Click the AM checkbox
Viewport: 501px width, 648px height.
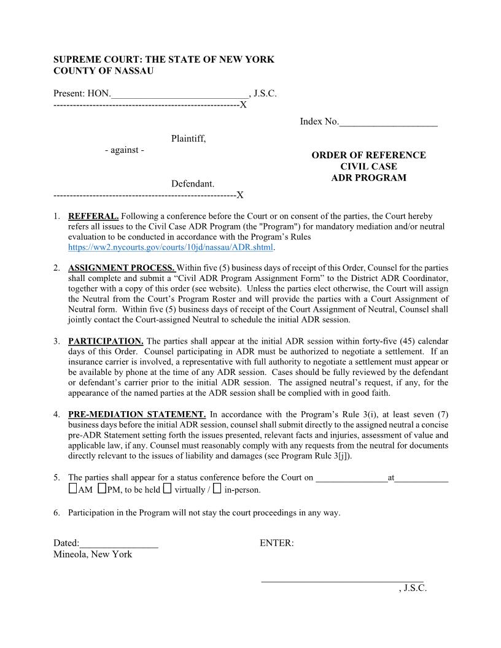click(x=73, y=489)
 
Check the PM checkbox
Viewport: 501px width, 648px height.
click(x=101, y=489)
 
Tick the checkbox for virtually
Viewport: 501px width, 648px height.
click(x=167, y=489)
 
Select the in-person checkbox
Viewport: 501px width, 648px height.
click(x=217, y=489)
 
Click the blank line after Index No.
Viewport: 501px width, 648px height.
click(x=388, y=122)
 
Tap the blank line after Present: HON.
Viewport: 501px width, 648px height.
click(x=180, y=94)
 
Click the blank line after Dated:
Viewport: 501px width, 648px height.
click(x=118, y=544)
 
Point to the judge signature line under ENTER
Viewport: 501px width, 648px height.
click(x=342, y=579)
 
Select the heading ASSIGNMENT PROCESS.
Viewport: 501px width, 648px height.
click(x=122, y=268)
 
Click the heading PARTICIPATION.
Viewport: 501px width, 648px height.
click(x=106, y=341)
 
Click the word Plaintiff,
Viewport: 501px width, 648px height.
click(x=188, y=139)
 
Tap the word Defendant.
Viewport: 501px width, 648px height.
click(x=193, y=183)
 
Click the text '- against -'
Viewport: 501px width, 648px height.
click(x=125, y=150)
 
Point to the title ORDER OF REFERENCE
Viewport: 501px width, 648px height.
click(x=368, y=155)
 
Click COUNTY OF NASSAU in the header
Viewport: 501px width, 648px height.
click(x=103, y=71)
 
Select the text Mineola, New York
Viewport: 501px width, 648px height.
click(x=93, y=554)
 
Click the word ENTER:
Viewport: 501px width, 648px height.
click(x=276, y=544)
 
